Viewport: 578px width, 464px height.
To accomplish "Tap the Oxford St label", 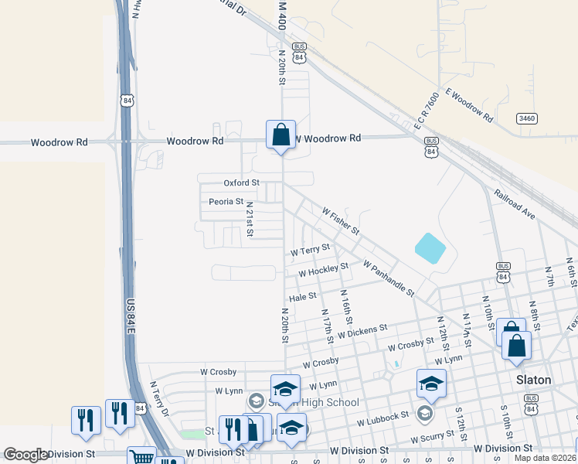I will [x=241, y=183].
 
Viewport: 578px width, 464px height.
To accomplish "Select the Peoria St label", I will [x=226, y=202].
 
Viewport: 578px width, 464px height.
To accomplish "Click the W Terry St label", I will [x=310, y=250].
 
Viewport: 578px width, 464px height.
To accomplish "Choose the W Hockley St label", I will [x=323, y=271].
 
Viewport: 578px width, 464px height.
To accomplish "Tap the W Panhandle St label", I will [x=389, y=279].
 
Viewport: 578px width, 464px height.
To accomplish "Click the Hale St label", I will [x=303, y=296].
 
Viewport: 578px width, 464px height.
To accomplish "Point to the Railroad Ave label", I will [x=515, y=203].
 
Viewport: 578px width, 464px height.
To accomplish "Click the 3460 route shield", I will [x=528, y=118].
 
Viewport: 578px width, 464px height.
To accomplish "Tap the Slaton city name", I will [x=534, y=380].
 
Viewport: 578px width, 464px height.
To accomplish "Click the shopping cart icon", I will [x=141, y=458].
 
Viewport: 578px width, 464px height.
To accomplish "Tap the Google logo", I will [x=25, y=455].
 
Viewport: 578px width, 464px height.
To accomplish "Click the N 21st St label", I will [x=250, y=220].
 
